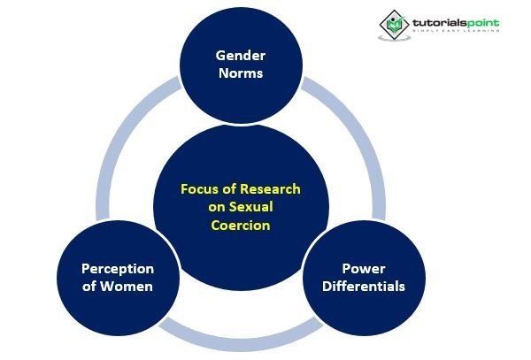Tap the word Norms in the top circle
click(239, 73)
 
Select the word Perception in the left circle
click(118, 268)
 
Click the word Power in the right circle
click(363, 268)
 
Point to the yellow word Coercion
click(239, 225)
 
